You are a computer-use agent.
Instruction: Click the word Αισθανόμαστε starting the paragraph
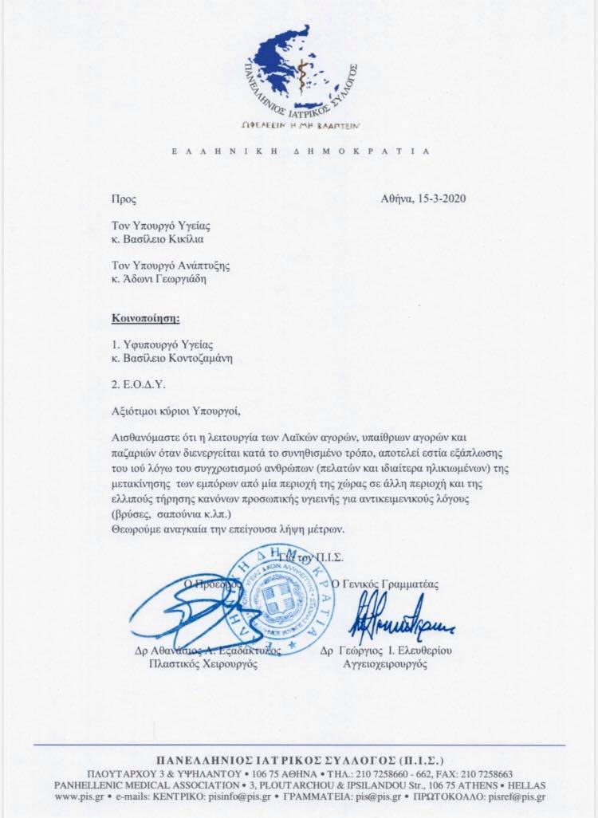pyautogui.click(x=148, y=438)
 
